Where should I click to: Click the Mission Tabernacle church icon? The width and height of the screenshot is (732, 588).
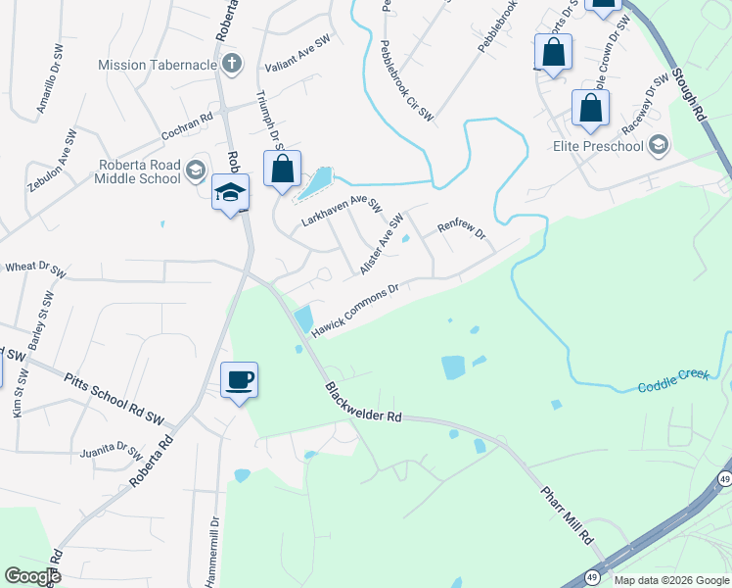click(232, 66)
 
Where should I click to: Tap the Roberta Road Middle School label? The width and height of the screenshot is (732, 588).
click(138, 171)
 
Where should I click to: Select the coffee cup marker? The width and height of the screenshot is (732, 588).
click(240, 379)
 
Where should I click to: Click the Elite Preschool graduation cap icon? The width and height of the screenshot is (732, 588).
click(659, 146)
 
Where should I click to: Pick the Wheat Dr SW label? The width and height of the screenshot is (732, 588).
click(35, 267)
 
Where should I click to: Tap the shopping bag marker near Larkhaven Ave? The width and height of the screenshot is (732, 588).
click(282, 169)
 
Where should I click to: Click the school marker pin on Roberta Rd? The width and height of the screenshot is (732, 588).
click(230, 192)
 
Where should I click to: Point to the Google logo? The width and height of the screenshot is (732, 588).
click(32, 576)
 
